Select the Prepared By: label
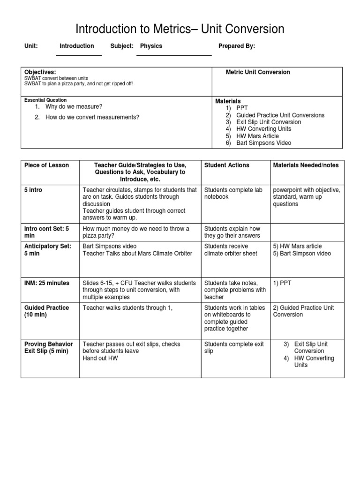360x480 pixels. (x=237, y=46)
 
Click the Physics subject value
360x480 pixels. (x=151, y=46)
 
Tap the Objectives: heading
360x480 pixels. (x=40, y=72)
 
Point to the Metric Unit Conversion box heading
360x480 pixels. (x=258, y=72)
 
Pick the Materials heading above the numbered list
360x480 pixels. (x=228, y=101)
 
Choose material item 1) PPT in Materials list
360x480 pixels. (x=242, y=108)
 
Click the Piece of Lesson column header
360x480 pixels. (x=46, y=165)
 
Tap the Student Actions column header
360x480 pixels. (x=227, y=165)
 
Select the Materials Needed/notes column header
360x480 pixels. (x=306, y=165)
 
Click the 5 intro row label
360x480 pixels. (x=33, y=190)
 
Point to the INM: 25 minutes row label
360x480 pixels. (x=46, y=283)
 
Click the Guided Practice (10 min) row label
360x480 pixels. (x=46, y=311)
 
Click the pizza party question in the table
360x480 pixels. (x=135, y=232)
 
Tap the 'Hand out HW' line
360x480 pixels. (x=100, y=358)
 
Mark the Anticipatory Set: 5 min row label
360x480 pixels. (x=48, y=250)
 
